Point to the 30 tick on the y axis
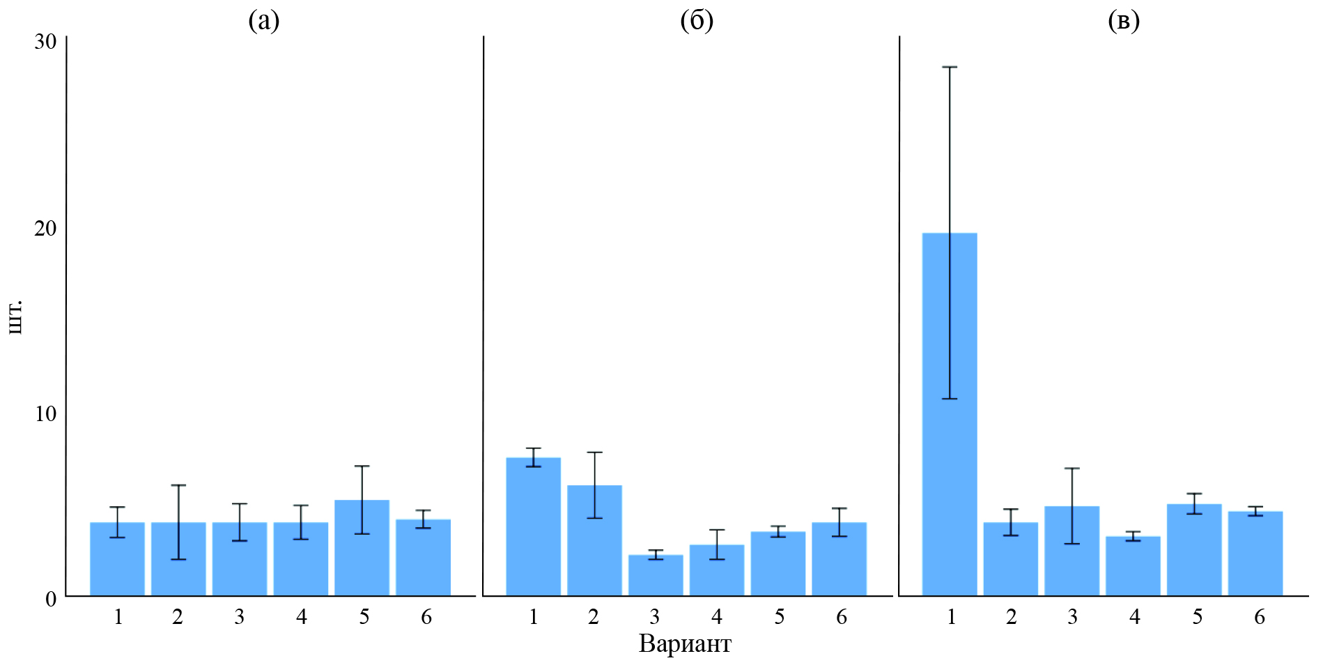tap(46, 41)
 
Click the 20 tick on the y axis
tap(46, 228)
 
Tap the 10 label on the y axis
tap(46, 413)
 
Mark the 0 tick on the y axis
tap(51, 599)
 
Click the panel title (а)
tap(264, 21)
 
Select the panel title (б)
tap(697, 21)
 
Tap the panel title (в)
tap(1124, 21)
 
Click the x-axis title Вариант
tap(685, 643)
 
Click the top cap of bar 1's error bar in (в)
tap(950, 67)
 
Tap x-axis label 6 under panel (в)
tap(1259, 617)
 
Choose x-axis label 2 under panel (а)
tap(178, 617)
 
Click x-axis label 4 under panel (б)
tap(717, 617)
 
